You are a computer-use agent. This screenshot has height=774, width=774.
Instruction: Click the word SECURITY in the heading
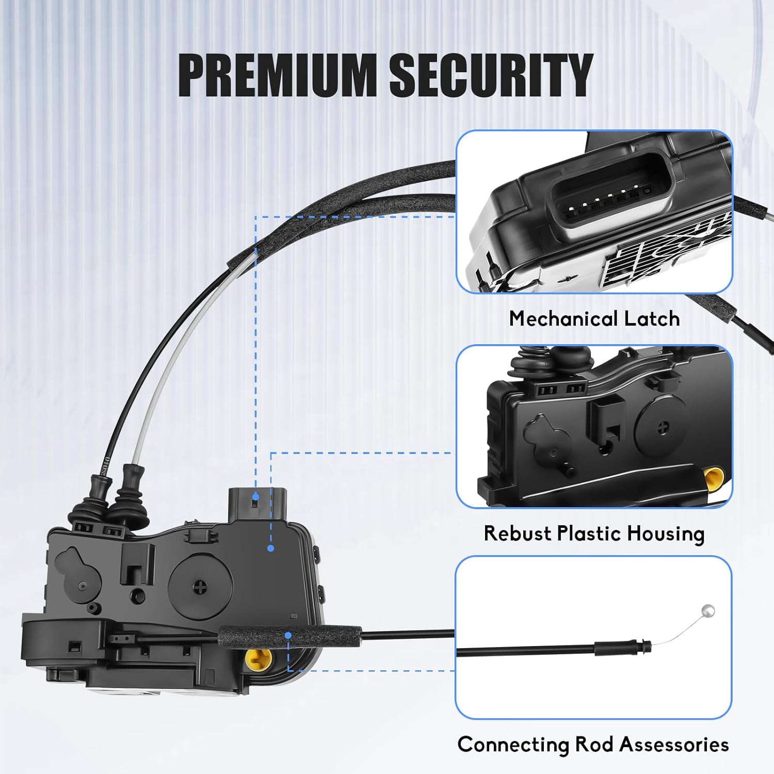tap(490, 75)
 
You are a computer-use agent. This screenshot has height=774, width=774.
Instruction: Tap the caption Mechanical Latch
tap(594, 318)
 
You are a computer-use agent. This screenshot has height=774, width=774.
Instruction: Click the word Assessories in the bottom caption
tap(674, 745)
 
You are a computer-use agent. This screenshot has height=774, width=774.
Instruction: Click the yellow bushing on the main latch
tap(257, 657)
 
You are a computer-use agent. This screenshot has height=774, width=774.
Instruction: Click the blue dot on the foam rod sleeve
tap(288, 635)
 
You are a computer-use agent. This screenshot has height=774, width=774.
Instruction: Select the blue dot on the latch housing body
tap(271, 548)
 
